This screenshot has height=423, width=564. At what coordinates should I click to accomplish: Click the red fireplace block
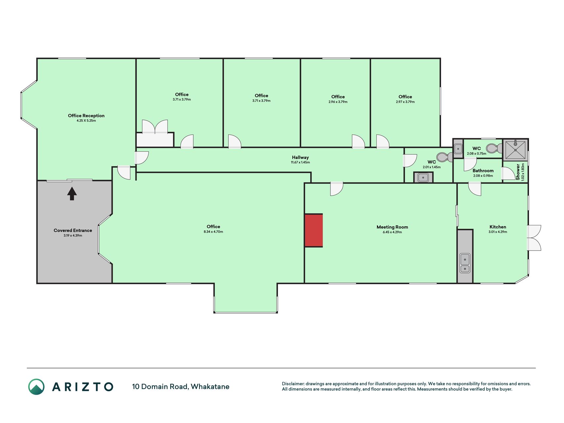click(x=314, y=230)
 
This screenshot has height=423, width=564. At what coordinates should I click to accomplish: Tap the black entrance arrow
click(x=72, y=194)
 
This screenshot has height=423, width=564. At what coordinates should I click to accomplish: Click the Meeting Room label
click(x=392, y=227)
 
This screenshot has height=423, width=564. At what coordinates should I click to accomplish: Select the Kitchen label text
click(x=498, y=227)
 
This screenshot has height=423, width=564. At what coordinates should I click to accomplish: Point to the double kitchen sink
click(x=465, y=263)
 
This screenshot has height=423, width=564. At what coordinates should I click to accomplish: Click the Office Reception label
click(x=86, y=116)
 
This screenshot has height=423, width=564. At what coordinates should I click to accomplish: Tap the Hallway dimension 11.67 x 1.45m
click(x=300, y=162)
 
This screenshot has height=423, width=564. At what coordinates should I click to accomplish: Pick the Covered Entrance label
click(x=73, y=230)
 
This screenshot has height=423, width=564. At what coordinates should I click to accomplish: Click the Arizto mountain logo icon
click(x=36, y=387)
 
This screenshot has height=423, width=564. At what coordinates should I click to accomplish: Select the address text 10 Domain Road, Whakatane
click(x=181, y=387)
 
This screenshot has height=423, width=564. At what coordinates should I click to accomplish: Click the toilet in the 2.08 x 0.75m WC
click(x=494, y=148)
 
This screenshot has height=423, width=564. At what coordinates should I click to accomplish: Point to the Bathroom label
click(x=483, y=171)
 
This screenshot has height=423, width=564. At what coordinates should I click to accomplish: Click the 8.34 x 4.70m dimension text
click(x=213, y=232)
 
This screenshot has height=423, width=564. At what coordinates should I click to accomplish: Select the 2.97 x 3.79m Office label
click(x=405, y=97)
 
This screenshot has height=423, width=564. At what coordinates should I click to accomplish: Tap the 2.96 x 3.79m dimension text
click(x=338, y=102)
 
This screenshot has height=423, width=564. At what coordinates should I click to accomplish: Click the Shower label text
click(x=518, y=172)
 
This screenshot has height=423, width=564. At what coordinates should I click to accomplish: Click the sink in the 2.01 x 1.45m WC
click(x=423, y=178)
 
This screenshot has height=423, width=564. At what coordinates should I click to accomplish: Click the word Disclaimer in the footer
click(x=293, y=384)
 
